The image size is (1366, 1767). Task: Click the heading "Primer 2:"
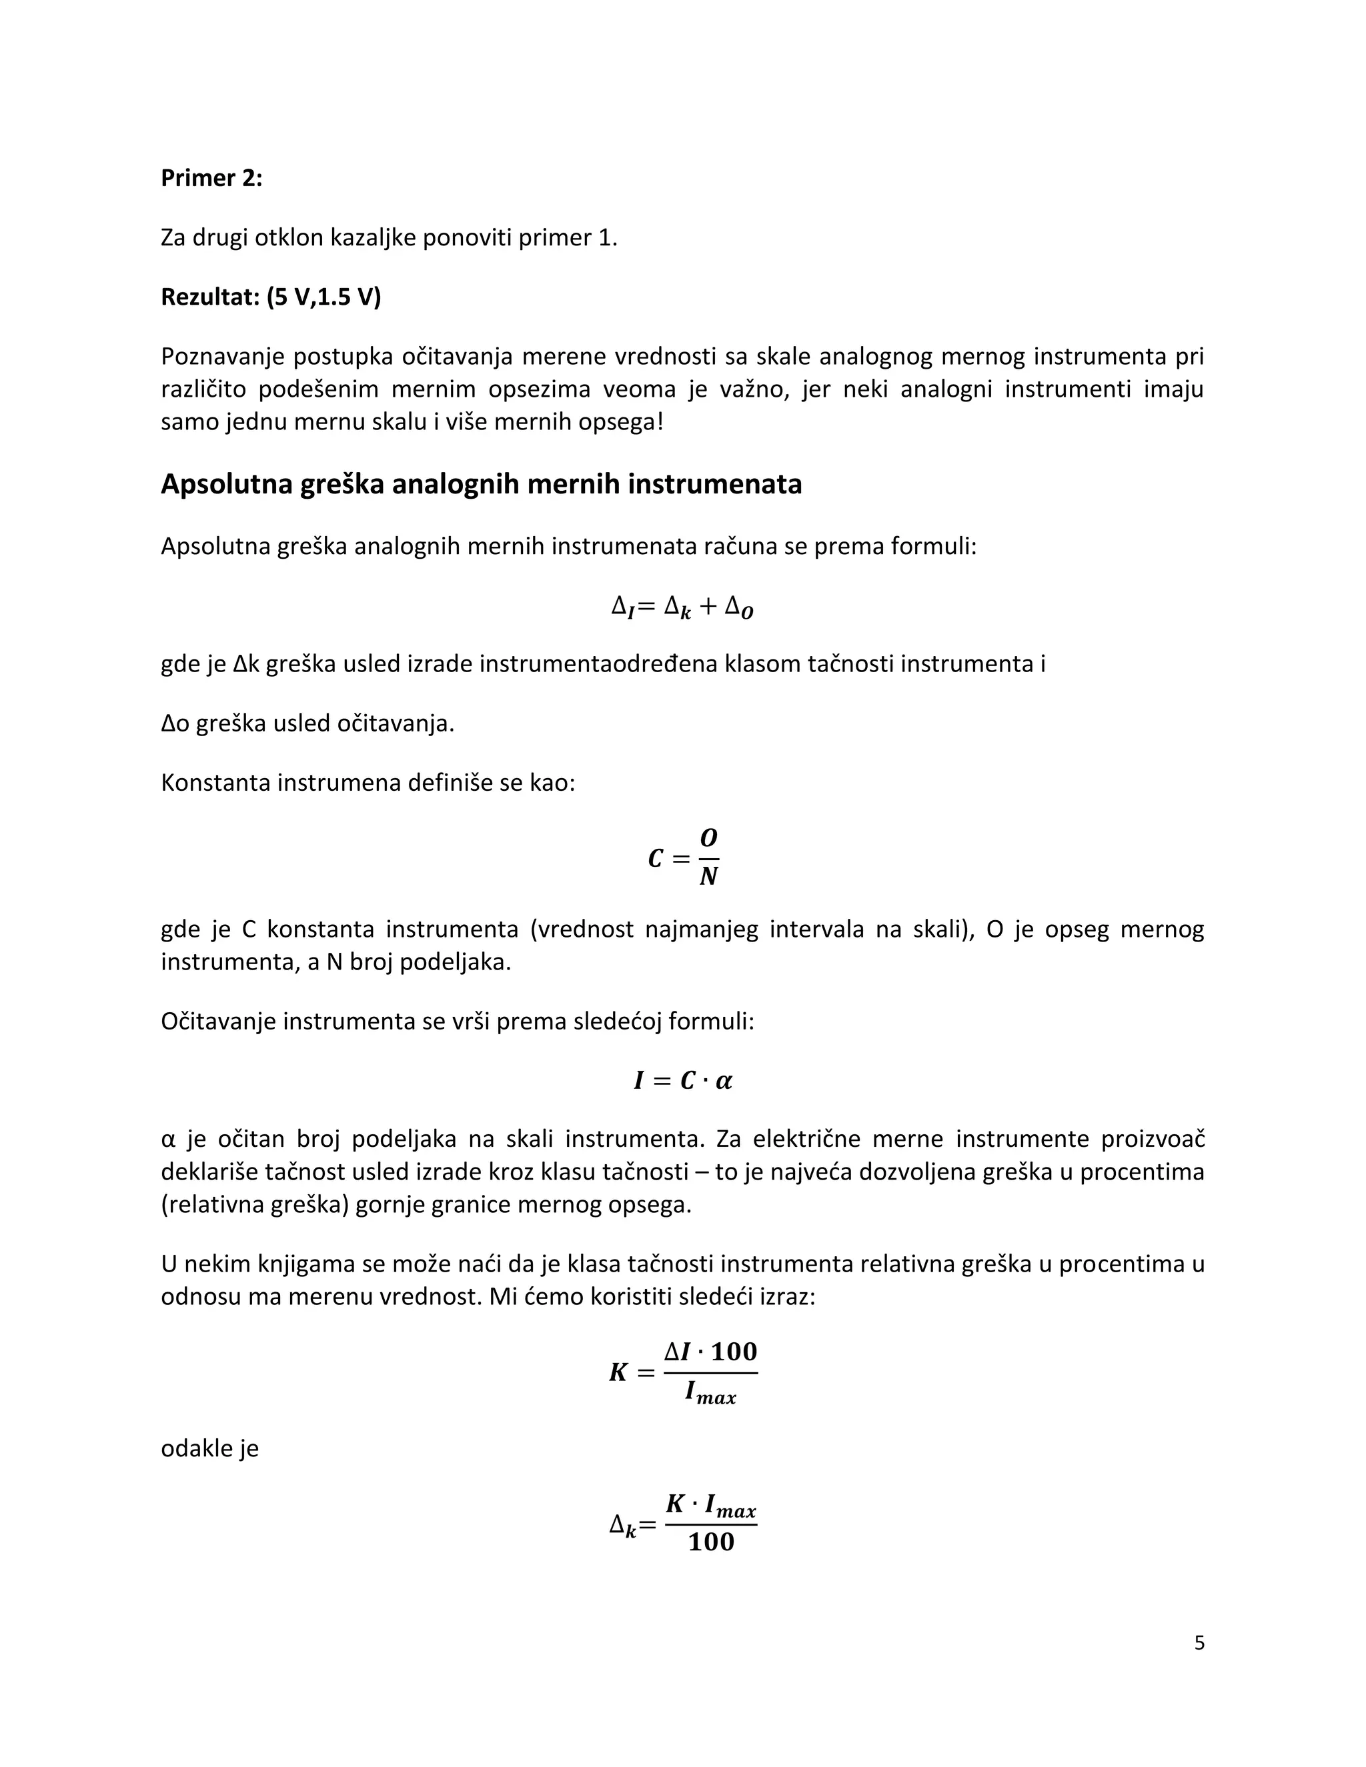click(x=211, y=178)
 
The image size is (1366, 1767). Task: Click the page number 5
click(x=1199, y=1642)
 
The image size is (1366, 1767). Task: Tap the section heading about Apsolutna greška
click(x=481, y=484)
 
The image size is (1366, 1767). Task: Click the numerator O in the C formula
click(x=709, y=837)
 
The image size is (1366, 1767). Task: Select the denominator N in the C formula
click(x=708, y=876)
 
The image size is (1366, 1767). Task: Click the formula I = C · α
click(x=683, y=1081)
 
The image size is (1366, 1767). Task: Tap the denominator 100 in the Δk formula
click(x=711, y=1542)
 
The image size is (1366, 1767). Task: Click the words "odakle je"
click(x=209, y=1448)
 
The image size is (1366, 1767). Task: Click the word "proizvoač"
click(x=1153, y=1139)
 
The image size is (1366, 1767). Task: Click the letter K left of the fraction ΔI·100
click(x=619, y=1372)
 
